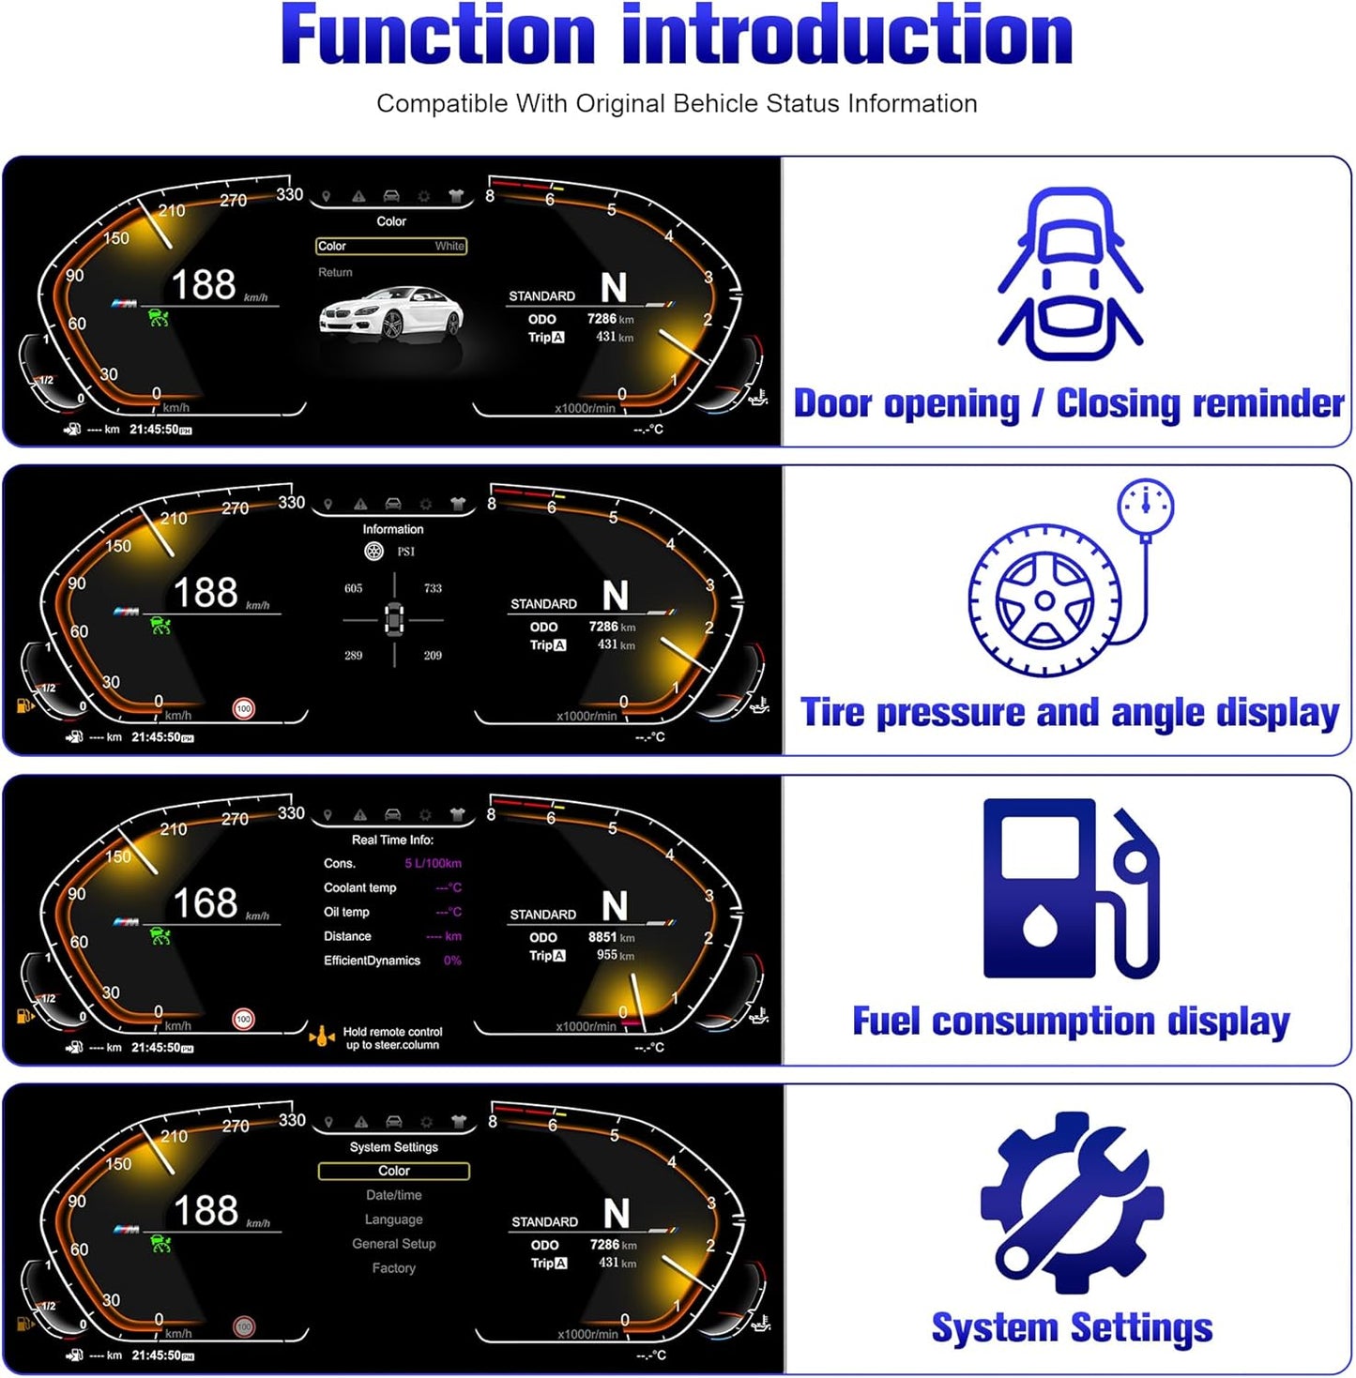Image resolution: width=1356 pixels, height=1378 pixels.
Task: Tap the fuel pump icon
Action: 1071,888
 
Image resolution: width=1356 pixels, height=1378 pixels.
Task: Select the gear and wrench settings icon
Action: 1071,1203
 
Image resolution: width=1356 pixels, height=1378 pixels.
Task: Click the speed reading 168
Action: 205,903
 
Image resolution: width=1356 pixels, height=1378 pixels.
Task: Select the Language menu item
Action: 393,1219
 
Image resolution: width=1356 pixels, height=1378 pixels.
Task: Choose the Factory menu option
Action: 393,1268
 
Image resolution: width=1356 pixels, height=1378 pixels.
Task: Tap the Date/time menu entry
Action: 393,1195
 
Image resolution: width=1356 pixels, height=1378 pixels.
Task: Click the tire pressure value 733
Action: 433,589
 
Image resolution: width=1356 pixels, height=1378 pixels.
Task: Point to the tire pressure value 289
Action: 353,656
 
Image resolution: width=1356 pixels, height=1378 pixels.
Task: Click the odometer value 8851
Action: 602,937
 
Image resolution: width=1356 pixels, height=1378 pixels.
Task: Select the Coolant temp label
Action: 360,887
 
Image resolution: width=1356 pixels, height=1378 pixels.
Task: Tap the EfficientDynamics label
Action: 372,961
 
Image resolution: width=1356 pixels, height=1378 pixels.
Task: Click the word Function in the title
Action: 437,36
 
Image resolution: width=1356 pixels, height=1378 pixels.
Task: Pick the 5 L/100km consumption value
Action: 433,863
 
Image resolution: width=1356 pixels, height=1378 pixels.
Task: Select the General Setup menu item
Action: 393,1244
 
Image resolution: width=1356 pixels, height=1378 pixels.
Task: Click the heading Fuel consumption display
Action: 1071,1022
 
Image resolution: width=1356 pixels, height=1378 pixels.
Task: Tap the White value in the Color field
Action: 449,246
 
